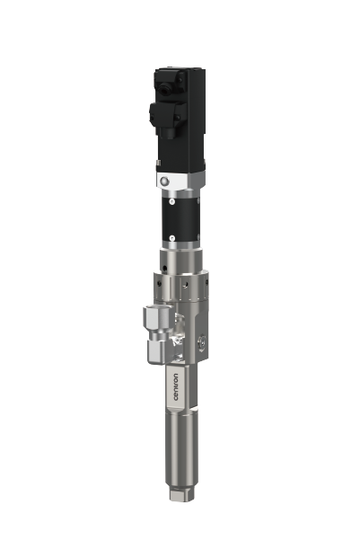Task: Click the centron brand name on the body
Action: [x=176, y=387]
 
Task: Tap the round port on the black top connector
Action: [x=165, y=88]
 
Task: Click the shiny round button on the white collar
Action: [x=164, y=182]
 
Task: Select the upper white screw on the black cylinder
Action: [x=172, y=202]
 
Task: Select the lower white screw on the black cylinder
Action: [x=172, y=236]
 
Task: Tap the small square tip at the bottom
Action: [x=181, y=495]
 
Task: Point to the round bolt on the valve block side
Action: [x=202, y=342]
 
